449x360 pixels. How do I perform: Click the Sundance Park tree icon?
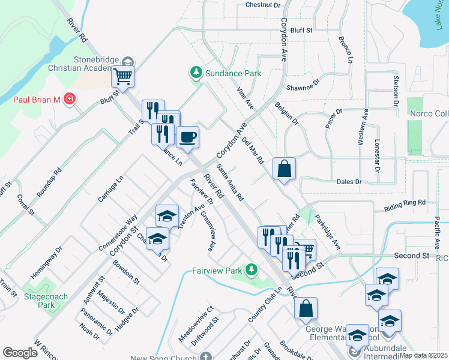196,73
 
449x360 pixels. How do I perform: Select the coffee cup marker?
187,137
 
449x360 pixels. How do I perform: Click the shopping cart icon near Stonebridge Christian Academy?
122,77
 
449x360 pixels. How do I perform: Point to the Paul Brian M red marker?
70,98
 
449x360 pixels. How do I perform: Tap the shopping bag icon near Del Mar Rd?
284,169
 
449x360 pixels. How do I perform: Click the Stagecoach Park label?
45,301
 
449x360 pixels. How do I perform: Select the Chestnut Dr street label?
263,5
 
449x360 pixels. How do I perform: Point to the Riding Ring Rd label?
404,206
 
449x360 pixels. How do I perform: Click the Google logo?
20,353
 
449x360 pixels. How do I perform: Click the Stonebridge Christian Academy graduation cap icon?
128,62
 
